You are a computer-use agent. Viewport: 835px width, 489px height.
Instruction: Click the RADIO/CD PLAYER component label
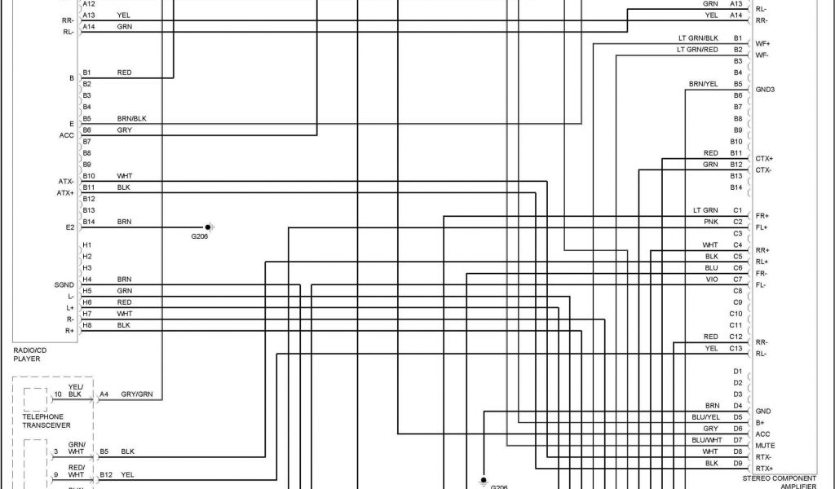coord(30,354)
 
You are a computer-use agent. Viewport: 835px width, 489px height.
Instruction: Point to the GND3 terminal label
coord(765,89)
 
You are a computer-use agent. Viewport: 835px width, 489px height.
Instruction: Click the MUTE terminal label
coord(765,446)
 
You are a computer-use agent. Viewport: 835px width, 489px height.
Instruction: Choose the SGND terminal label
coord(64,284)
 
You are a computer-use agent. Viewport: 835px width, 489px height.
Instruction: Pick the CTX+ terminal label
coord(764,158)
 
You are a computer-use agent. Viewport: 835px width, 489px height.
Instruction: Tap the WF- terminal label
coord(762,55)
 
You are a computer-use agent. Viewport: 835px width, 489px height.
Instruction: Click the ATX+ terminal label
coord(65,193)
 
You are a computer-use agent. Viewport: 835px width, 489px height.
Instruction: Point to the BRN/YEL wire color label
coord(704,84)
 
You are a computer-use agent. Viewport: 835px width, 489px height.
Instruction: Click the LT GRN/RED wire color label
coord(697,50)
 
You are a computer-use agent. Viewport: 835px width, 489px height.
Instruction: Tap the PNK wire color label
coord(711,222)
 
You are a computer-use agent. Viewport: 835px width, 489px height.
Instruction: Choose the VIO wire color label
coord(712,279)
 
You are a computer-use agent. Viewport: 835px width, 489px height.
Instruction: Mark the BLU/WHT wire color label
coord(706,439)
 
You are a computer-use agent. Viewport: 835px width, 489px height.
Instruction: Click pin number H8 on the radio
coord(87,325)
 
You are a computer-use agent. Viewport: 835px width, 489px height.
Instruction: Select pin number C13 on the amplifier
coord(736,348)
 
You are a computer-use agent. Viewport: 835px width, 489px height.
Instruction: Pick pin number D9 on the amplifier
coord(738,463)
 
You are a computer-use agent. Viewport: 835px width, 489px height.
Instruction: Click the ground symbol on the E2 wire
coord(209,227)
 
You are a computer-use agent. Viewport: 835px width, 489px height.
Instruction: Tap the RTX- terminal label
coord(764,457)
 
